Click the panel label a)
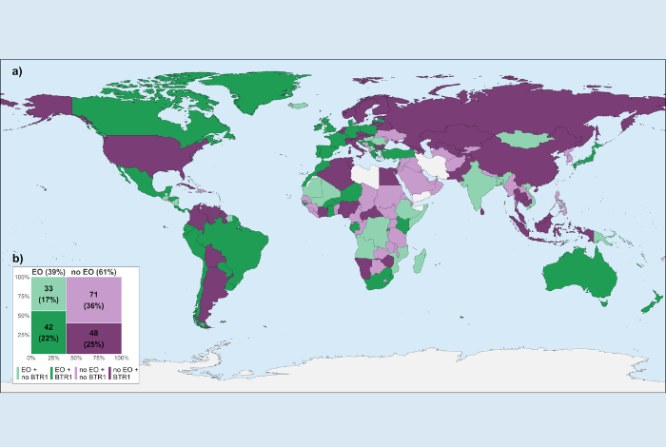pyautogui.click(x=17, y=70)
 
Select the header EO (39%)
pyautogui.click(x=49, y=271)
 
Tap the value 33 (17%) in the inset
pyautogui.click(x=49, y=293)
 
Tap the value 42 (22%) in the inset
pyautogui.click(x=49, y=331)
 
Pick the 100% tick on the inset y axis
pyautogui.click(x=24, y=278)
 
